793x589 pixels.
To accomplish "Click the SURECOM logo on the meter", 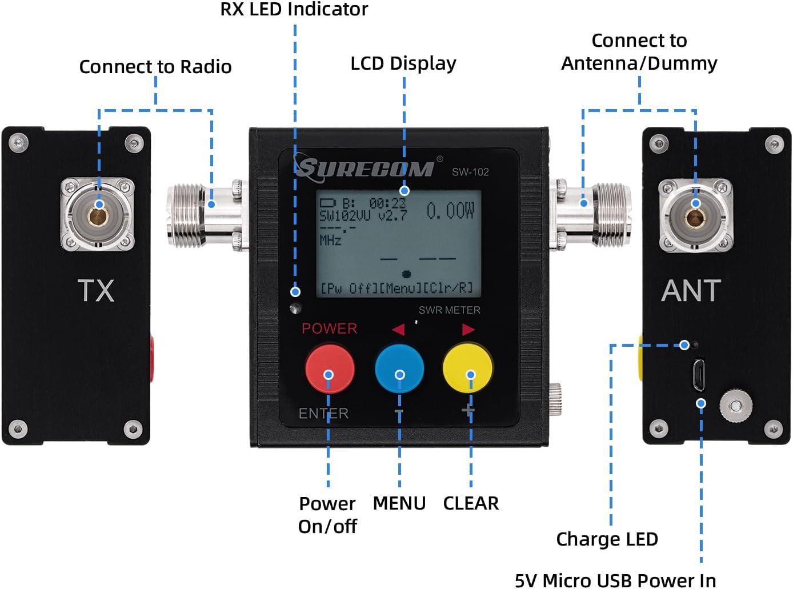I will click(x=365, y=167).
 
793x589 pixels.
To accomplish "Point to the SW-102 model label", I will click(x=470, y=171).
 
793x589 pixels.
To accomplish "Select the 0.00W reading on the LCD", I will click(x=450, y=211).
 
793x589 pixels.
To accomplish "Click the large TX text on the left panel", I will click(x=96, y=290).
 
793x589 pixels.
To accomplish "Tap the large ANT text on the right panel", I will click(x=691, y=290).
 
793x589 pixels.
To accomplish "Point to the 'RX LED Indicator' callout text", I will click(x=294, y=9).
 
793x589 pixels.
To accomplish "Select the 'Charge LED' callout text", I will click(x=607, y=539).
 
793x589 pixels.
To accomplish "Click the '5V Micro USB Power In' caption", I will click(x=615, y=580).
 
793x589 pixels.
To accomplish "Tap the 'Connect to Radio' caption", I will click(x=155, y=66).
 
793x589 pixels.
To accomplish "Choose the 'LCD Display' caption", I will click(x=403, y=63).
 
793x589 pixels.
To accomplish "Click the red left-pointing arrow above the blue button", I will click(x=398, y=329).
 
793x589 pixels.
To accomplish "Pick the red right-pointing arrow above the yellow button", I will click(x=468, y=329).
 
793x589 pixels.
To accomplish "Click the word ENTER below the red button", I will click(x=323, y=413).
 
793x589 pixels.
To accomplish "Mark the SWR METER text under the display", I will click(x=449, y=310).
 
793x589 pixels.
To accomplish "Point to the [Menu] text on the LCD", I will click(x=400, y=288).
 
